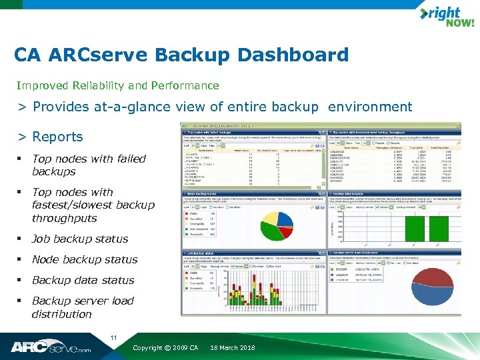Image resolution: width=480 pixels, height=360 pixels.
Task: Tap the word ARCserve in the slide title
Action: point(127,55)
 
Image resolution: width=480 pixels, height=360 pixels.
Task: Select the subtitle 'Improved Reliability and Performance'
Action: point(118,85)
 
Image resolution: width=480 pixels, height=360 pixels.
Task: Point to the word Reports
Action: point(58,137)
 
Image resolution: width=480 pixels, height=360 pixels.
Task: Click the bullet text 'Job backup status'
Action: point(80,239)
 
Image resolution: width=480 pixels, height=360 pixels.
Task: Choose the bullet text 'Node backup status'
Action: point(85,259)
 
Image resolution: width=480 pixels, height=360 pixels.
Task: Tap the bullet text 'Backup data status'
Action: point(83,280)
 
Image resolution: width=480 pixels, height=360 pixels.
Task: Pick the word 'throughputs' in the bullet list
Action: point(64,218)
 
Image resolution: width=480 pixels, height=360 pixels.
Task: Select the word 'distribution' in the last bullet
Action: point(61,314)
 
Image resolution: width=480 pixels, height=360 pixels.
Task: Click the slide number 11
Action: point(114,338)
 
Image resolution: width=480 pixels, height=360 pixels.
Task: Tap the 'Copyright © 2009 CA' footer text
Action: point(165,348)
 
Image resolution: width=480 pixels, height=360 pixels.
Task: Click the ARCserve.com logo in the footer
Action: point(51,347)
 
